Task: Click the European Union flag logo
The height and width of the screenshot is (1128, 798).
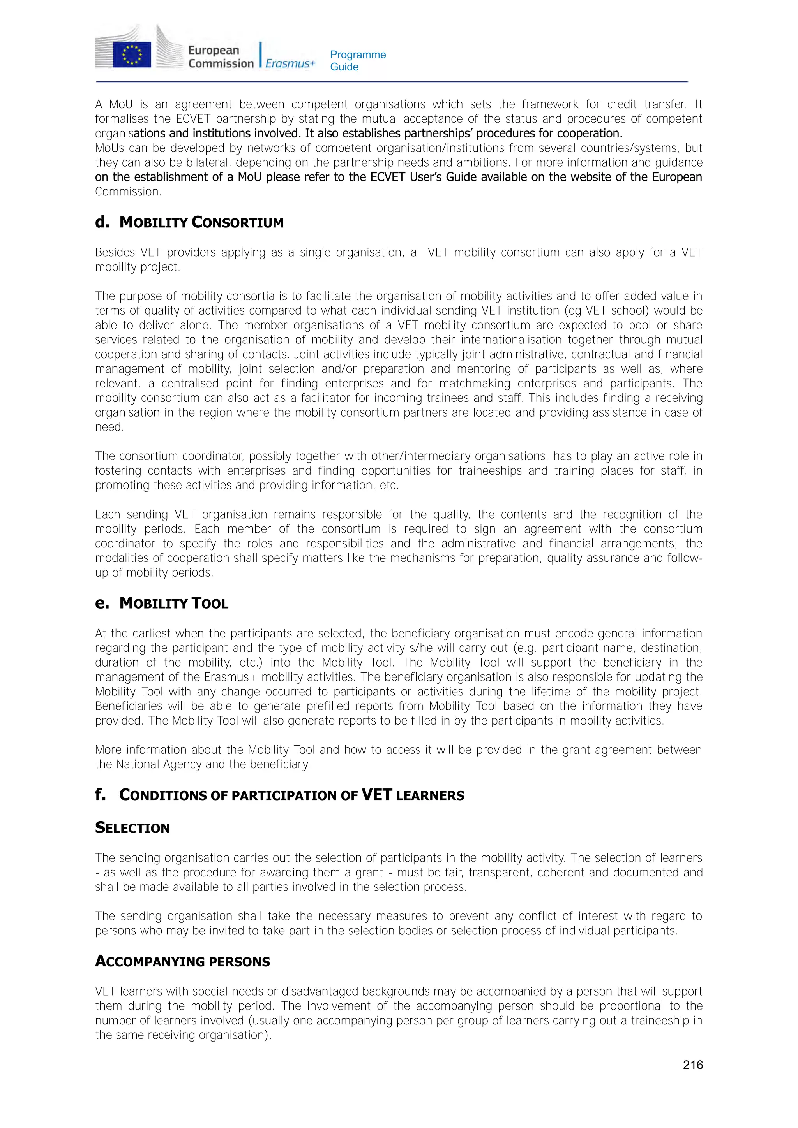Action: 132,54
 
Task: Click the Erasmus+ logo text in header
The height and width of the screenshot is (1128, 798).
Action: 290,63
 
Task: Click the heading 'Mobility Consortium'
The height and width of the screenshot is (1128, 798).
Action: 201,223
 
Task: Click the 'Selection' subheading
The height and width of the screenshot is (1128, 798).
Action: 132,828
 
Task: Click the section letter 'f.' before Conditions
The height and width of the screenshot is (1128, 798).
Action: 100,795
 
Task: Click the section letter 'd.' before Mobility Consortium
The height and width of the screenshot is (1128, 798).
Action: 102,223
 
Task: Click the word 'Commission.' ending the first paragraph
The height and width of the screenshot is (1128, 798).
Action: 128,192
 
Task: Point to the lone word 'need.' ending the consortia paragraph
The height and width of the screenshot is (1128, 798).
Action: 109,427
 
